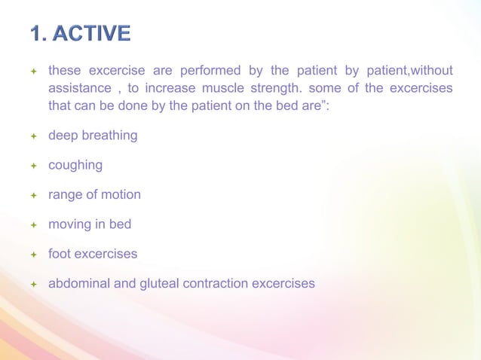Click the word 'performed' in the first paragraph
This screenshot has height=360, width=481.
[210, 72]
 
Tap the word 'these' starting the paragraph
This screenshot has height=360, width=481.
[65, 72]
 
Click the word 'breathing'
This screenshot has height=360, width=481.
[110, 136]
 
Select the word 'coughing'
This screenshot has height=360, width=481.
[75, 165]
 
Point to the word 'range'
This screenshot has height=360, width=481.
[66, 195]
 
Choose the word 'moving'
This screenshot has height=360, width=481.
[70, 224]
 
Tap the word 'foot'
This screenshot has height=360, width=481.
[60, 254]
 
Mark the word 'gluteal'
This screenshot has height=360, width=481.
[156, 283]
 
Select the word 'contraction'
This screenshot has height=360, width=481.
[218, 283]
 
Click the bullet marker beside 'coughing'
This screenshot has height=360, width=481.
[33, 166]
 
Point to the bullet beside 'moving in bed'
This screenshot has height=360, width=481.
[33, 225]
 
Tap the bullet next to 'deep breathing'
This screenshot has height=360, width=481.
[33, 136]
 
